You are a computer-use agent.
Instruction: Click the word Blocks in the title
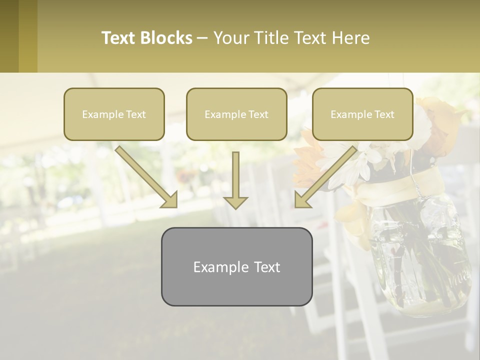(x=166, y=38)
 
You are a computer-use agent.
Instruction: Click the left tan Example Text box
(x=114, y=114)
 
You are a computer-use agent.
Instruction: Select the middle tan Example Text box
(x=236, y=114)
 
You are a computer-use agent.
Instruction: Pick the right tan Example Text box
(x=362, y=114)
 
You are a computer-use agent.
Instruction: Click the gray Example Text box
(x=236, y=266)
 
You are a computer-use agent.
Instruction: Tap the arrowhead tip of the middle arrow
(x=235, y=207)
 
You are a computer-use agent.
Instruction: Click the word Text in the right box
(x=383, y=114)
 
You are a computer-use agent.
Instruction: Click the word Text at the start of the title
(x=119, y=38)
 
